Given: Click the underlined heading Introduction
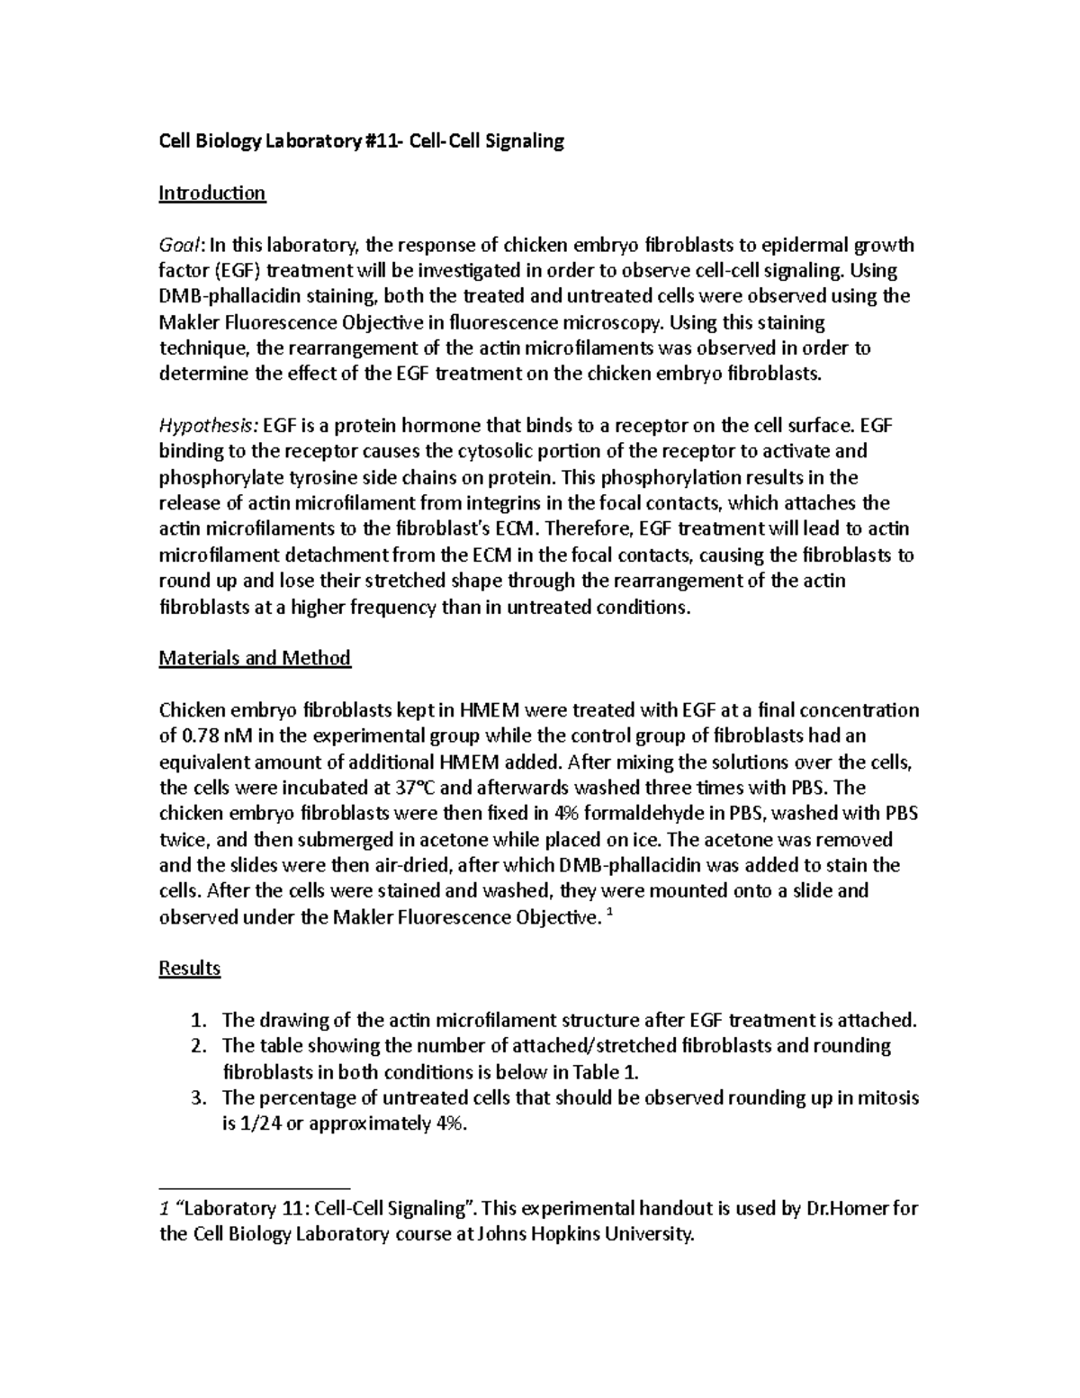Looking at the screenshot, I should click(211, 193).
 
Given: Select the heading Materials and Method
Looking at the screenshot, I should click(255, 658).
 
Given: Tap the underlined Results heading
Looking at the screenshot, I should click(189, 969).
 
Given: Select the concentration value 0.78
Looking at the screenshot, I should click(200, 736).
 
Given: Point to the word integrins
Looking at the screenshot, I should click(498, 503).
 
